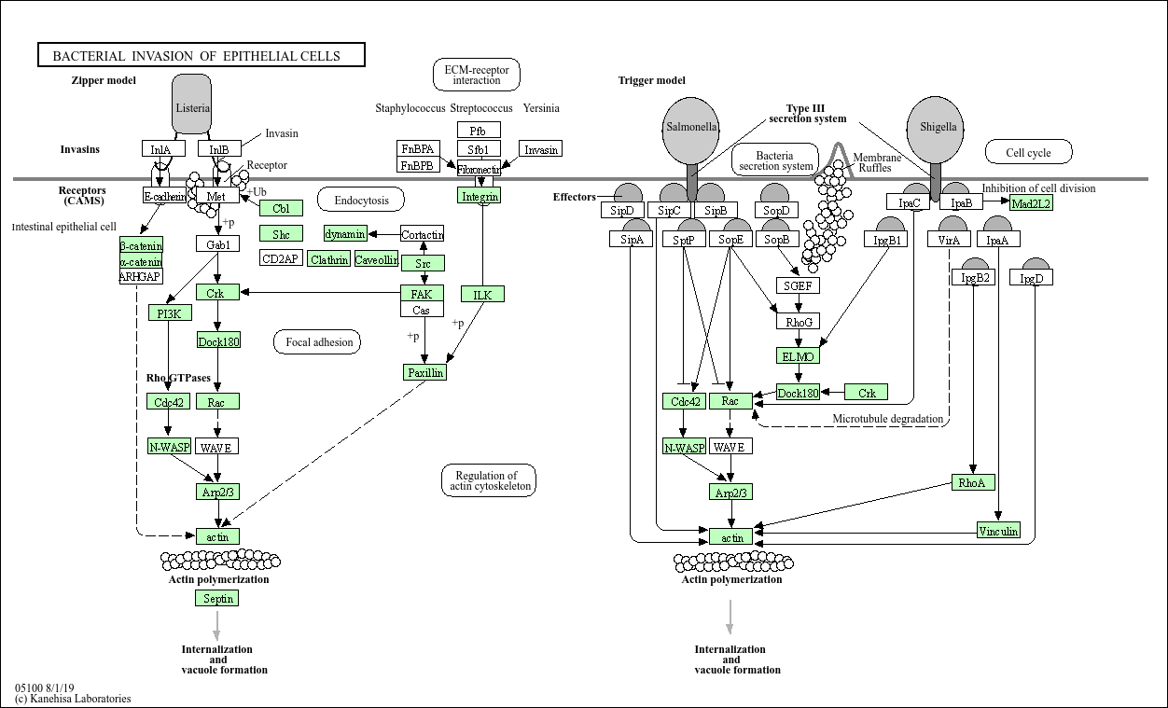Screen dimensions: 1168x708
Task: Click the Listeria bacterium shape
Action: [x=192, y=104]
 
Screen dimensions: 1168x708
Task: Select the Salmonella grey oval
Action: [x=691, y=131]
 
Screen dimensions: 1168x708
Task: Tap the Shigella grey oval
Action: [x=936, y=130]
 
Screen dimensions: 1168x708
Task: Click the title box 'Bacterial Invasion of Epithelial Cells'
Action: [x=202, y=55]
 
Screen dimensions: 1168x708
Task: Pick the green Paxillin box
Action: [x=425, y=372]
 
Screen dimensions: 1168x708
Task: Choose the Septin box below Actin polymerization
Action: [x=217, y=598]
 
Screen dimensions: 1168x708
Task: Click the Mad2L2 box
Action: [x=1032, y=202]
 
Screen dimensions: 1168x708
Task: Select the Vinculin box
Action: [x=998, y=530]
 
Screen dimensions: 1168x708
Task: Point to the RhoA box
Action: [x=973, y=482]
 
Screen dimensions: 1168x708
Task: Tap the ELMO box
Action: [x=798, y=356]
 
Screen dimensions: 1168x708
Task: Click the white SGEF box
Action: [x=798, y=285]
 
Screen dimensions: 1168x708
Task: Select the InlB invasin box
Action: [x=219, y=148]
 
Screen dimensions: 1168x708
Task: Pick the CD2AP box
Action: [x=281, y=258]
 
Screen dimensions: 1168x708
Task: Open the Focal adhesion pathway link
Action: [x=317, y=342]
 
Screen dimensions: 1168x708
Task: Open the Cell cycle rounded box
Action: [x=1029, y=152]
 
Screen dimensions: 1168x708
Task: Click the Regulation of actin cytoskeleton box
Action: [x=489, y=480]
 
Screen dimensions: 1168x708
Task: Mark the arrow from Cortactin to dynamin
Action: [x=384, y=234]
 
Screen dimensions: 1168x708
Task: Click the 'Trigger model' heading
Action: [x=652, y=80]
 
